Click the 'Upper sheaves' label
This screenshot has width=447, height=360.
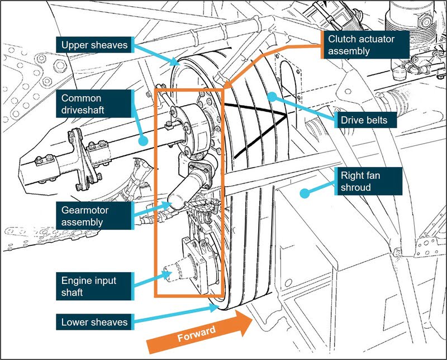coord(95,45)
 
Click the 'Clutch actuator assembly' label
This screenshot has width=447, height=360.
coord(365,45)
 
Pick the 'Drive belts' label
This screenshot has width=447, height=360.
coord(365,120)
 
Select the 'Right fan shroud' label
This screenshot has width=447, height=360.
coord(368,181)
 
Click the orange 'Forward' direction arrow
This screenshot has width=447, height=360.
coord(199,331)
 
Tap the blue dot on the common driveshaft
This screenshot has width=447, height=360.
coord(143,141)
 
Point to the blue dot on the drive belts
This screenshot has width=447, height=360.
coord(272,97)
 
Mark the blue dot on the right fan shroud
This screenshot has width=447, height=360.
coord(305,193)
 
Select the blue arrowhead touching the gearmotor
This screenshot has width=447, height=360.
coord(166,205)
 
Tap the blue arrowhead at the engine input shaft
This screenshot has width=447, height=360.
coord(167,274)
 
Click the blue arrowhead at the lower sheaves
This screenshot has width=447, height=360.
coord(214,307)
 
